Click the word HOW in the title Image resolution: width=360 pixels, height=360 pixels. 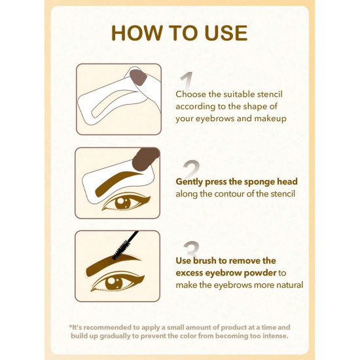(137, 33)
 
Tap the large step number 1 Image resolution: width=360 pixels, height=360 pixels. (187, 81)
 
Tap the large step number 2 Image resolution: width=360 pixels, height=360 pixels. (191, 169)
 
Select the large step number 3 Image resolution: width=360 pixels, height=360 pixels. (191, 249)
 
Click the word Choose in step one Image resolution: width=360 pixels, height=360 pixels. (190, 94)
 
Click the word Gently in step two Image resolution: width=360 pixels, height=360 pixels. (189, 182)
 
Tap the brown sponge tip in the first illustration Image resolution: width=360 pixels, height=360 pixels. (138, 77)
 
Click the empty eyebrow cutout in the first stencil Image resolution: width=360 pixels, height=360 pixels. (115, 103)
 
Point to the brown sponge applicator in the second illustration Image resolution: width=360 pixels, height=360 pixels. (145, 159)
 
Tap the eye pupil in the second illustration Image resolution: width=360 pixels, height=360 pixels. (122, 203)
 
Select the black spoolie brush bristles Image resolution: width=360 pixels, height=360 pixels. (120, 251)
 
